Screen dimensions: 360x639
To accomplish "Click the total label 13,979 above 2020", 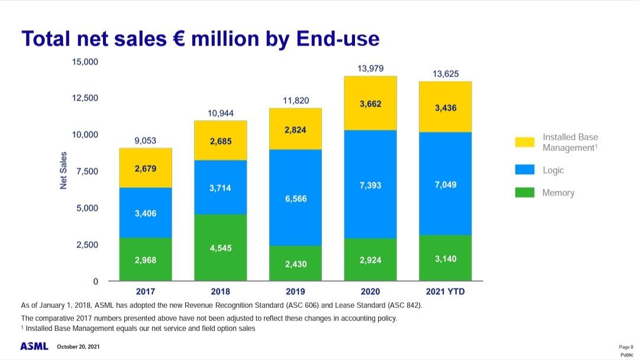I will [370, 69].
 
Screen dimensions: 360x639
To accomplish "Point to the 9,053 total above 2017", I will [145, 140].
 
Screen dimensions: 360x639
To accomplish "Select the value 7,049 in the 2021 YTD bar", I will [445, 185].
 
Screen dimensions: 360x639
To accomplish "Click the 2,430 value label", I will [295, 264].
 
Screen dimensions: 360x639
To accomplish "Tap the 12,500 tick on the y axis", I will [85, 98].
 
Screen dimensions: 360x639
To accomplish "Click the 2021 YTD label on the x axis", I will [445, 292].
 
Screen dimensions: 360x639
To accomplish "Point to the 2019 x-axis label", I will [295, 292].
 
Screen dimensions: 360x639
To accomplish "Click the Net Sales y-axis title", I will [64, 171].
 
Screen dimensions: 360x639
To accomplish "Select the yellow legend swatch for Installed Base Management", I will [524, 142].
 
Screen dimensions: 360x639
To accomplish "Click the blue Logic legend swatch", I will [524, 170].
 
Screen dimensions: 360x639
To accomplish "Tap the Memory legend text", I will [558, 193].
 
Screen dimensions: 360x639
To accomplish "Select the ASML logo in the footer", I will [34, 346].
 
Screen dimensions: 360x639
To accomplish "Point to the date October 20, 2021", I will [78, 346].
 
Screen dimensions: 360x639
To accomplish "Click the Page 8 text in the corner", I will [625, 346].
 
